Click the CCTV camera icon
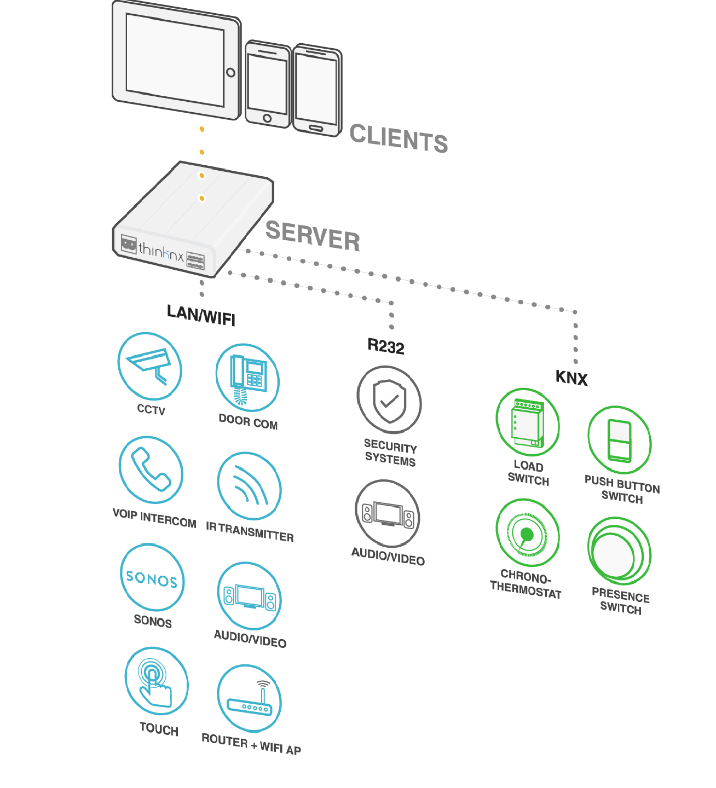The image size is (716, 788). click(149, 366)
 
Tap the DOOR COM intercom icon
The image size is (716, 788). click(247, 378)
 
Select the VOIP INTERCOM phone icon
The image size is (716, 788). click(151, 470)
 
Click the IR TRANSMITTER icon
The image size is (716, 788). click(249, 486)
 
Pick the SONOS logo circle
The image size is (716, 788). click(152, 578)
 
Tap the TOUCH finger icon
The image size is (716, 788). click(156, 681)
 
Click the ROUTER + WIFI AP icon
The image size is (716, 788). click(249, 699)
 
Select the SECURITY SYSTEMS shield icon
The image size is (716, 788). click(389, 400)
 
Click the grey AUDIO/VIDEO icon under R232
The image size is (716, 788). click(388, 513)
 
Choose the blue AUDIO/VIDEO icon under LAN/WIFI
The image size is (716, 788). click(249, 595)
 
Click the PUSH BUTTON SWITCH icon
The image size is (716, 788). click(619, 440)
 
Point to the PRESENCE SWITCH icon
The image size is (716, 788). click(619, 552)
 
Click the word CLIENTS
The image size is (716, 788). click(399, 138)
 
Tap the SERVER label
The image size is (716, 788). click(313, 236)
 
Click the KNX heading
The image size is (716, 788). click(571, 378)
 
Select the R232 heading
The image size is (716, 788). click(386, 346)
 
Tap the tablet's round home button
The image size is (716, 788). click(231, 73)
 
